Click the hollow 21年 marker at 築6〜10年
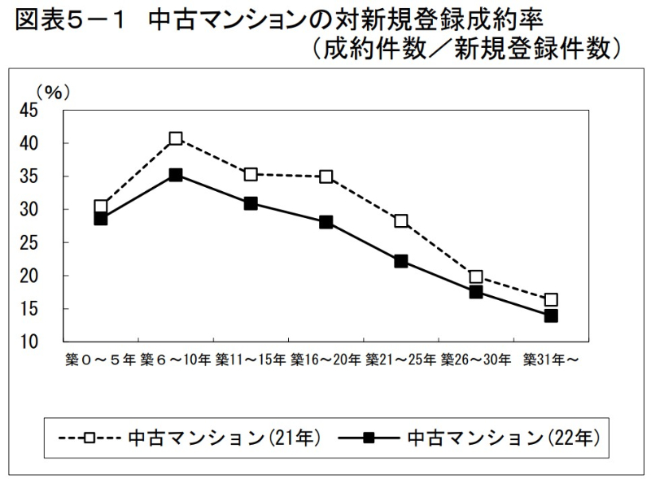tap(176, 138)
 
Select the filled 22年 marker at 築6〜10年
tap(176, 175)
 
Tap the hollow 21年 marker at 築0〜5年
tap(101, 207)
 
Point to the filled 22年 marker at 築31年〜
tap(551, 316)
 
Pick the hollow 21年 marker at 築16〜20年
tap(326, 176)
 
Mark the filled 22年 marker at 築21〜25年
tap(401, 261)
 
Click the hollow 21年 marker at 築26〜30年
tap(476, 277)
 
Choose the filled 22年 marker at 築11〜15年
tap(251, 203)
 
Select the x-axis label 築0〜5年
tap(101, 359)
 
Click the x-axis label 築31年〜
tap(551, 359)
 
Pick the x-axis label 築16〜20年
tap(326, 359)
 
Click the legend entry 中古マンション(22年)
tap(504, 438)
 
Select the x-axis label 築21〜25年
tap(401, 359)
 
